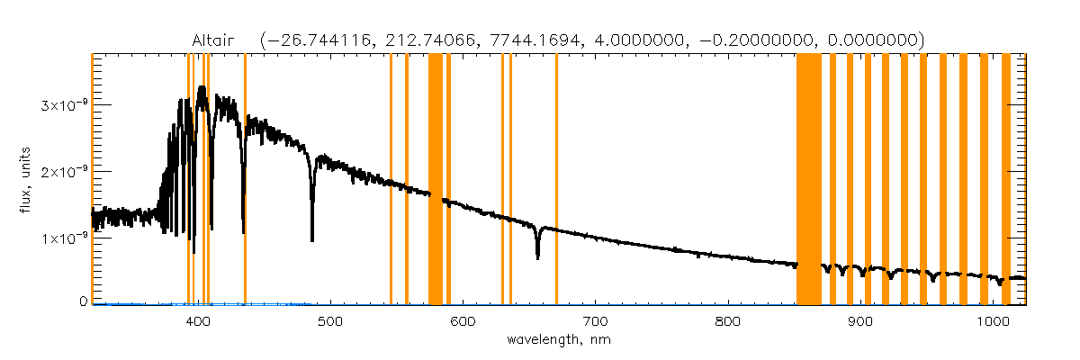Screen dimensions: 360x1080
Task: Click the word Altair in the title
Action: click(x=214, y=40)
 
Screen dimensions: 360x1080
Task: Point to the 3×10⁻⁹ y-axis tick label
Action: click(x=63, y=104)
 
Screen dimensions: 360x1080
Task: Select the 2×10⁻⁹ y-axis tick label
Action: click(x=63, y=171)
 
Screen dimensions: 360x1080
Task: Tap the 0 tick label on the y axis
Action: click(x=82, y=301)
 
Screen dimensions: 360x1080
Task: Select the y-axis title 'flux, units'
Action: click(x=31, y=180)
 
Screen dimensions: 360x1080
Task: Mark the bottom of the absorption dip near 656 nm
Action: click(x=537, y=257)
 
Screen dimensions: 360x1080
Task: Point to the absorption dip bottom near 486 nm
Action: click(x=312, y=240)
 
